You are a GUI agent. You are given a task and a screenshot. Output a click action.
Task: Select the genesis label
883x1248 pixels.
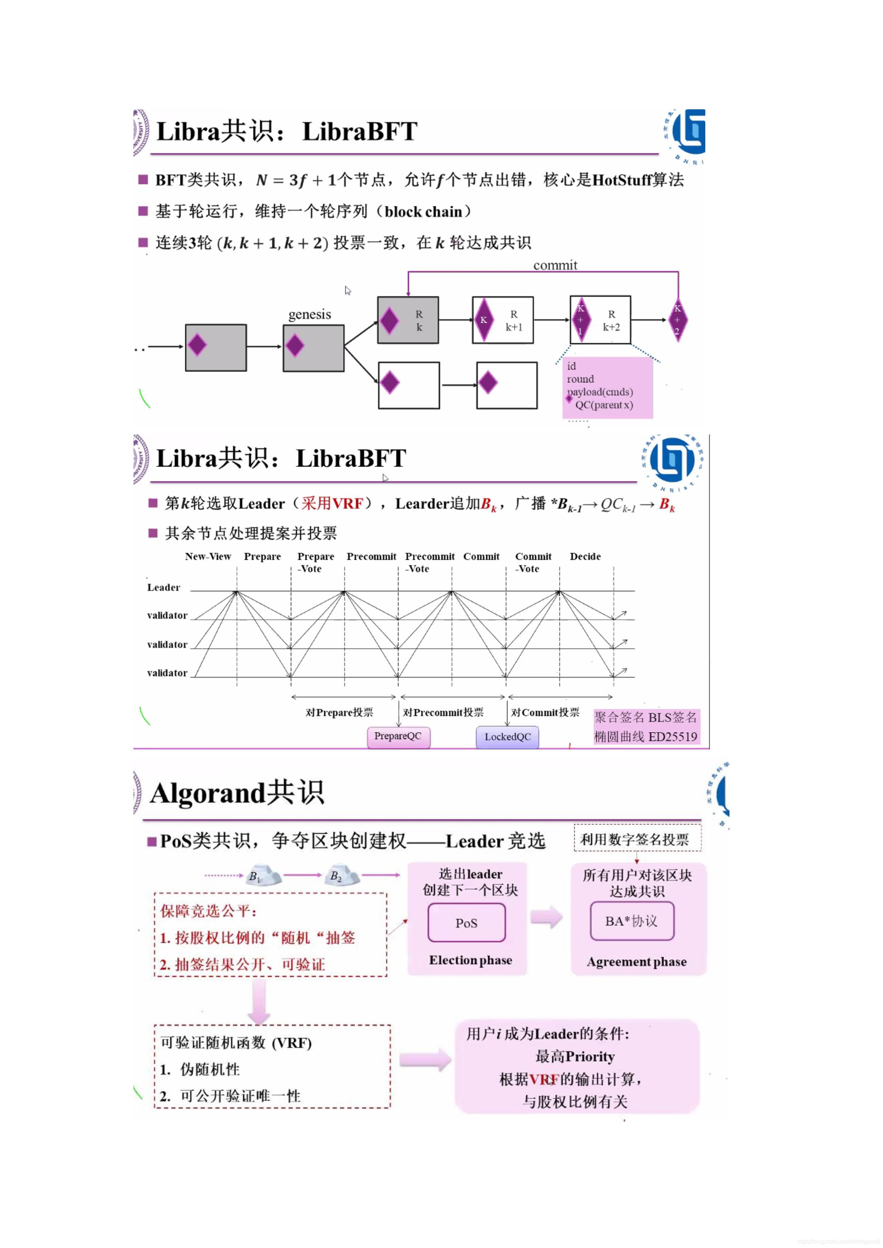click(309, 314)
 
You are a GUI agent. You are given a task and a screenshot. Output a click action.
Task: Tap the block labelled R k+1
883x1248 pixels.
click(503, 320)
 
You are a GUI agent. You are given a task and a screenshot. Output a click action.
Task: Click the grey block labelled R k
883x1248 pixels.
click(408, 320)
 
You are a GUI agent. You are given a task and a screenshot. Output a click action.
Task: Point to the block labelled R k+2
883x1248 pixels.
click(600, 320)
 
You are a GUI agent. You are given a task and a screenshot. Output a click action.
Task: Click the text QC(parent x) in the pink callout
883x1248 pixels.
click(604, 405)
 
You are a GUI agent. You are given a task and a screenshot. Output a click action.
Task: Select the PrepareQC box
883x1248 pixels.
click(398, 736)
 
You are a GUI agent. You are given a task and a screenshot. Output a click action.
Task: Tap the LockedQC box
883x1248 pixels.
click(507, 737)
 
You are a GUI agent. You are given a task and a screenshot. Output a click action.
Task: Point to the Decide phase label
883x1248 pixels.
click(585, 557)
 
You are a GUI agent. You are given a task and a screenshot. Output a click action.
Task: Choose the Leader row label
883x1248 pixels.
click(164, 588)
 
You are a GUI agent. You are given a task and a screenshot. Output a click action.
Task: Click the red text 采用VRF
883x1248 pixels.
click(332, 504)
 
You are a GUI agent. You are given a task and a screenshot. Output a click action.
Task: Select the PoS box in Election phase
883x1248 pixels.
click(467, 923)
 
